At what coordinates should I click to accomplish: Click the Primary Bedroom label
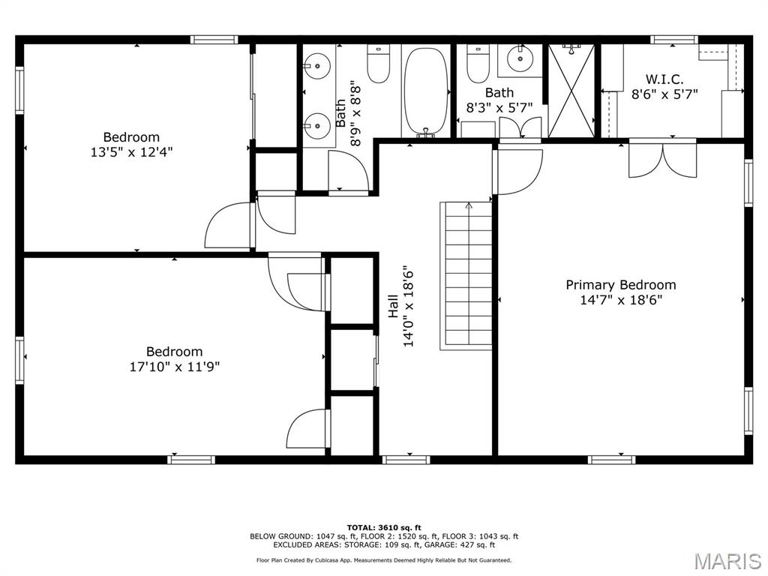pos(620,285)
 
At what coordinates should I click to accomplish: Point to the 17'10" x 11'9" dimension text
pos(174,367)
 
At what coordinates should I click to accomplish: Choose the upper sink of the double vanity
pos(318,67)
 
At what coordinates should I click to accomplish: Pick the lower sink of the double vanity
pos(318,125)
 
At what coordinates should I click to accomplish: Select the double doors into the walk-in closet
pos(662,159)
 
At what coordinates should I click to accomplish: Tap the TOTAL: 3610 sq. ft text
pos(383,528)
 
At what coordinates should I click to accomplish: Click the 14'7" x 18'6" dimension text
pos(620,300)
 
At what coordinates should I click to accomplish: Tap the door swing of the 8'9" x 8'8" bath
pos(348,171)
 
